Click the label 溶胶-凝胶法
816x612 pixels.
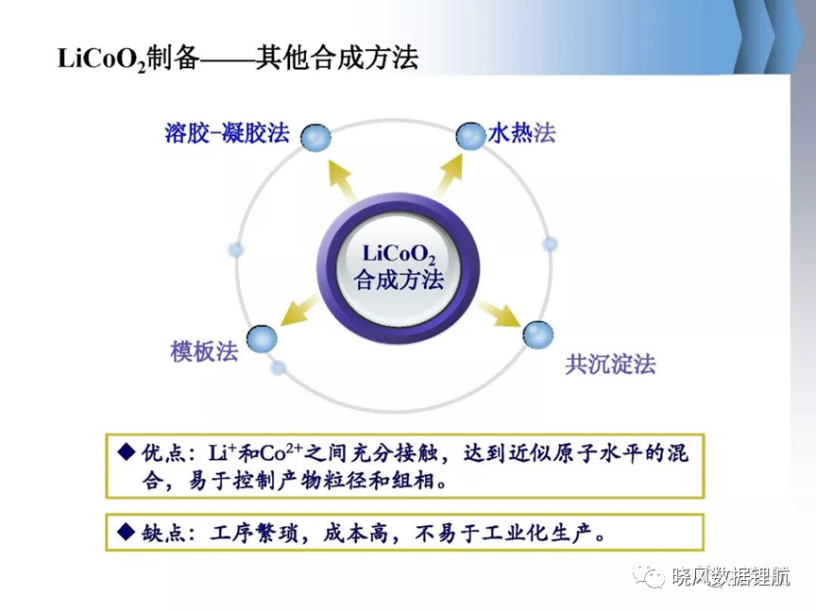[x=227, y=133]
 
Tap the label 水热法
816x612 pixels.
[x=521, y=133]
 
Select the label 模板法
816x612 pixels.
[x=204, y=351]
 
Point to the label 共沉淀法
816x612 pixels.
[x=610, y=365]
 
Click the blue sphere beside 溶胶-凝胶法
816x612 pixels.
[x=315, y=138]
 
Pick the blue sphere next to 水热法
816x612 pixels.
[x=470, y=136]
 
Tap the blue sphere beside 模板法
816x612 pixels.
[x=262, y=339]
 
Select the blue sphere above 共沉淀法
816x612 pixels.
[x=538, y=334]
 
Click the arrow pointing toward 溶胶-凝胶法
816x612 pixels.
[x=341, y=180]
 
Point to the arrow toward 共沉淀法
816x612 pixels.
[x=498, y=313]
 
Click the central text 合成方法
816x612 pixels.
[x=399, y=280]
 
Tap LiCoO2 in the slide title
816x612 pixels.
[x=102, y=59]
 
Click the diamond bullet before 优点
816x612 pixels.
[x=127, y=451]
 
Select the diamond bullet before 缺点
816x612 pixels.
[x=127, y=532]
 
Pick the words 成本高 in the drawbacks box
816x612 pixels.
[x=356, y=533]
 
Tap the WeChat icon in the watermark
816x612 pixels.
[x=648, y=575]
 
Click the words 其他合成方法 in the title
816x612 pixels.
[x=337, y=58]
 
